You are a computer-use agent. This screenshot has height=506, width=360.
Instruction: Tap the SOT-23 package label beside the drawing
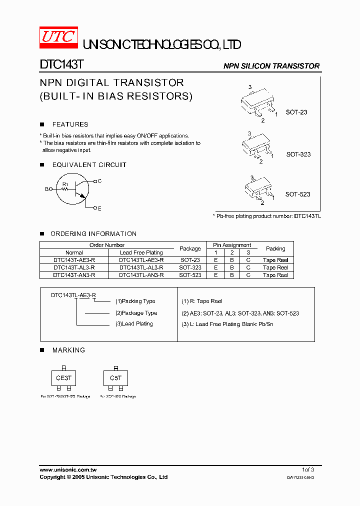coord(296,112)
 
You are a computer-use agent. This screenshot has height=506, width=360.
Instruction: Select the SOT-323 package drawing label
coord(298,154)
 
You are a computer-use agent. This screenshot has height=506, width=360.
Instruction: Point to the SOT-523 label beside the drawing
coord(297,194)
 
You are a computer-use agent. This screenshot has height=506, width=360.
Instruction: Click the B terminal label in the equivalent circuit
coord(47,189)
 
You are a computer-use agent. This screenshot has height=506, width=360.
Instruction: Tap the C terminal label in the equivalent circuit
coord(99,181)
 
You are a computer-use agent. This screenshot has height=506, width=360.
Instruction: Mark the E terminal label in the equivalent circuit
coord(99,208)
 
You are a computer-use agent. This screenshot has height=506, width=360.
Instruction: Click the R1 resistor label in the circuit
coord(65,184)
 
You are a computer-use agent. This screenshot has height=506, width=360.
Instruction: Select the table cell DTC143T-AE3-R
coord(74,260)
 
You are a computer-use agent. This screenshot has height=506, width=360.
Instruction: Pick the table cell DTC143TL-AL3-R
coord(141,267)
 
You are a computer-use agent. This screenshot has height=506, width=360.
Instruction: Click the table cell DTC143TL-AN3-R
coord(141,275)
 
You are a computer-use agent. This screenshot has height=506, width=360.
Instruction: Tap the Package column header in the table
coord(190,248)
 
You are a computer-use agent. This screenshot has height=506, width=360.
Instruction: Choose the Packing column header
coord(275,248)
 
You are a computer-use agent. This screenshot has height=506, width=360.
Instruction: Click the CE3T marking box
coord(63,378)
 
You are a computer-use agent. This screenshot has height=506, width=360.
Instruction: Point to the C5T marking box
coord(115,378)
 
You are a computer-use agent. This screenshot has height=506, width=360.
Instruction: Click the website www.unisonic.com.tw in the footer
coord(68,470)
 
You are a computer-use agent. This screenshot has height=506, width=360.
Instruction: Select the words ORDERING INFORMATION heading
coord(94,234)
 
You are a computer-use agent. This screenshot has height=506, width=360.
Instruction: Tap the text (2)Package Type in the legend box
coord(136,313)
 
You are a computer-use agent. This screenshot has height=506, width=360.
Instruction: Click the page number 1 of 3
coord(308,470)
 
